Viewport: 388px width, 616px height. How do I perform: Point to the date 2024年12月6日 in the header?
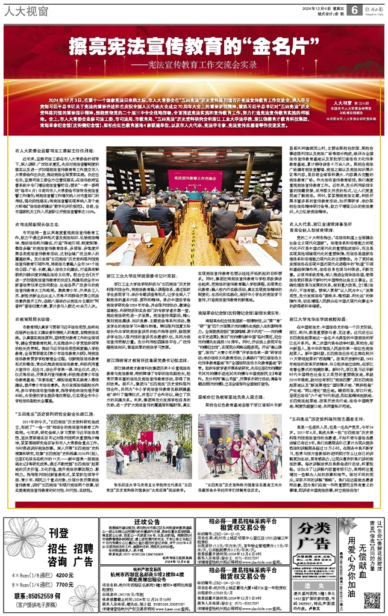click(x=317, y=7)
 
